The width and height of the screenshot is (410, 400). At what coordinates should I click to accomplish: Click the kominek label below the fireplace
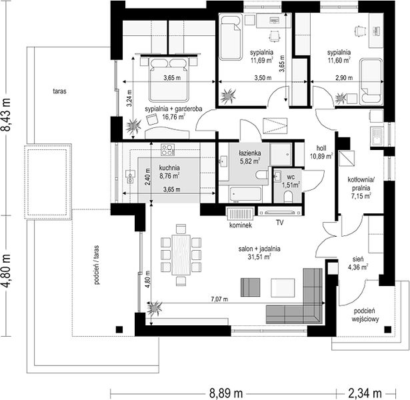pos(240,225)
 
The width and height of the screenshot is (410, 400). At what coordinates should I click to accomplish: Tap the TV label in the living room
pos(279,223)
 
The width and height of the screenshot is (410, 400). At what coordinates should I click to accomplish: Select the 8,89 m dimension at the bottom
pos(226,393)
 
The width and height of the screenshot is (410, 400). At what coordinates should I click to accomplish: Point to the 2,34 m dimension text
pos(365,393)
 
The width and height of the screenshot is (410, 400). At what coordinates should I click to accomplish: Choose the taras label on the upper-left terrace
pos(59,91)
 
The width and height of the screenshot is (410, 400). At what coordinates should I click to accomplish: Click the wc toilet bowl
pos(288,197)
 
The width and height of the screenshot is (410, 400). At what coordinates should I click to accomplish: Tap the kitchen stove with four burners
pos(167,149)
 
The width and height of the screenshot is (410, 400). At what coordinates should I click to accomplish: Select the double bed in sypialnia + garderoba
pos(169,79)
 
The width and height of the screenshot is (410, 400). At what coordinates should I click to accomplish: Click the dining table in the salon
pos(181,255)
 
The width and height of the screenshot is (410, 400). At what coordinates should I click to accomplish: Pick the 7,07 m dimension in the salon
pos(219,299)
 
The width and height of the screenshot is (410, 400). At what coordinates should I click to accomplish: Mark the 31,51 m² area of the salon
pos(259,257)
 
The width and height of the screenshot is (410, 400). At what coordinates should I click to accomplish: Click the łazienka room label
pos(250,153)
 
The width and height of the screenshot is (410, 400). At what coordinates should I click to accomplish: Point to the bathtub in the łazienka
pos(246,194)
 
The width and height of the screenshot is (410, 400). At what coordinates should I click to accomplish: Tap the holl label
pos(321,148)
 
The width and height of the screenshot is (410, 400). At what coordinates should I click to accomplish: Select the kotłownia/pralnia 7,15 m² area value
pos(361,195)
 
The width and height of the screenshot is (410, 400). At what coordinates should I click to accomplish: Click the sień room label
pos(358,259)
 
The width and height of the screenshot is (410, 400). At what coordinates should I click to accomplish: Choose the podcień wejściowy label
pos(365,315)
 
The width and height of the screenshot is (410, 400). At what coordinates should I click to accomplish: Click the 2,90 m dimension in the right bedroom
pos(344,77)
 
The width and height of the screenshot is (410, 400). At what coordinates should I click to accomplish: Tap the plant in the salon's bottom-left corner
pos(155,309)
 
